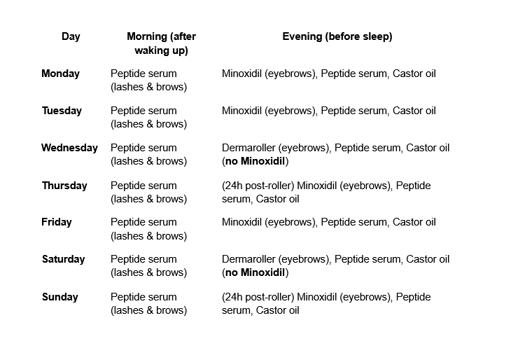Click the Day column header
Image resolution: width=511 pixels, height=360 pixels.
pos(71,37)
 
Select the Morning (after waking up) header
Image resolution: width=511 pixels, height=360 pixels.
pos(161,43)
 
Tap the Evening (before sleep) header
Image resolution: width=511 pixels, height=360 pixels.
pos(337,37)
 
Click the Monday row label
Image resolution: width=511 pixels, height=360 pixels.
pos(61,74)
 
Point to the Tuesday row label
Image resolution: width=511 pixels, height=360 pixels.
pos(62,111)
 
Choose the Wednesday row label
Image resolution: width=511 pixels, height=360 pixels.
pos(69,148)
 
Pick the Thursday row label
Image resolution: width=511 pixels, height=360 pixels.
pos(64,186)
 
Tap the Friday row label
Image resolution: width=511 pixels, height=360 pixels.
pos(57,222)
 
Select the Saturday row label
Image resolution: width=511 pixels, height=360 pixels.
pos(63,259)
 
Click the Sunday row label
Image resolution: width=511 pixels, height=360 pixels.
pos(60,297)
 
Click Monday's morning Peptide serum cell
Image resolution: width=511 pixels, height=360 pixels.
pos(148,80)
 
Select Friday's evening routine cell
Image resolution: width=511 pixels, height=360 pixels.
pos(328,222)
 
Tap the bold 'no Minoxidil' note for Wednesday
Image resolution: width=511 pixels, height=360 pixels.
pos(255,161)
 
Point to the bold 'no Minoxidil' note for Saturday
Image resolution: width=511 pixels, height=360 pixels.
pos(255,272)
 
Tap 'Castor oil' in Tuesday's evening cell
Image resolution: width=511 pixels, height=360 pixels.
pos(414,111)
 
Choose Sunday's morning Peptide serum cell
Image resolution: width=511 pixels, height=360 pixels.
pos(148,303)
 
